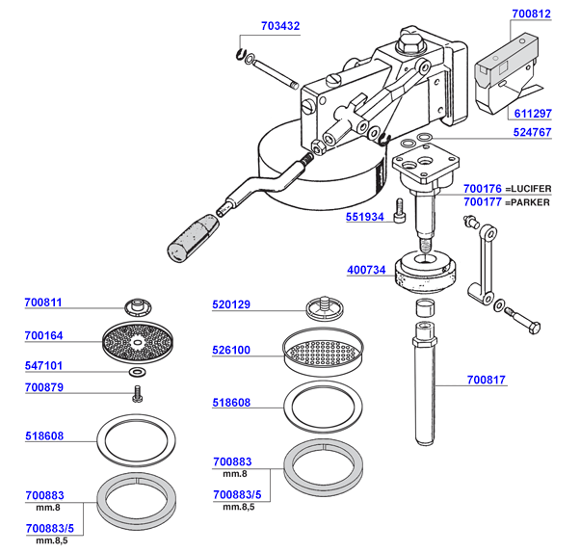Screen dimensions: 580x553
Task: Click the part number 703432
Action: point(280,26)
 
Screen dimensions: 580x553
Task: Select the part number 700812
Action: point(531,13)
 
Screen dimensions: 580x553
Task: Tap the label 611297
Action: point(533,113)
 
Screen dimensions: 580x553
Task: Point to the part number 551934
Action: point(365,217)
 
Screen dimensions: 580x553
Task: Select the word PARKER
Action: point(530,202)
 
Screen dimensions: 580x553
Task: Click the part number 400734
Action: point(366,270)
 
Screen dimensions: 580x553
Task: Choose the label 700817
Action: point(486,380)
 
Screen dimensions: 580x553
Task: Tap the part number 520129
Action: point(231,304)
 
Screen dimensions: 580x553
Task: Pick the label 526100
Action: point(231,350)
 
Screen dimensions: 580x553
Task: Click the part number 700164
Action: point(43,335)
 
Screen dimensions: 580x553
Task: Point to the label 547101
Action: point(43,365)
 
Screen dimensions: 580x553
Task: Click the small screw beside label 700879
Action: point(137,394)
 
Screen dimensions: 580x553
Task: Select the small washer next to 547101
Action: point(137,371)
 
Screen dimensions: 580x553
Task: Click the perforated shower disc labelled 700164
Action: point(138,342)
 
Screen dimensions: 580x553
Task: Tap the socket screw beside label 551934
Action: point(400,211)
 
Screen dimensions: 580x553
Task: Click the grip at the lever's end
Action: point(192,238)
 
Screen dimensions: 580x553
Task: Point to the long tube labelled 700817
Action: point(425,384)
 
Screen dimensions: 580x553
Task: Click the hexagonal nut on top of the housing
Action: point(409,43)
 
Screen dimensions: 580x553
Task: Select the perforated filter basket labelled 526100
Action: point(323,352)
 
